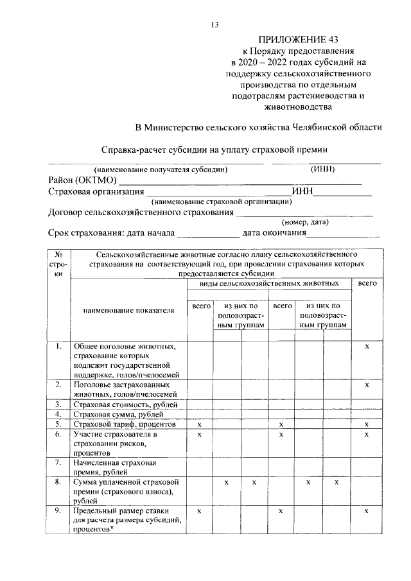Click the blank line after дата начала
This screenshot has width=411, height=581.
pos(207,234)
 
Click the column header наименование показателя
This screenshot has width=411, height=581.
pos(128,310)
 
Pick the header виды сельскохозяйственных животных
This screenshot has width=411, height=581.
pos(269,282)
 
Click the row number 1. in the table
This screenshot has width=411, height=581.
pos(58,347)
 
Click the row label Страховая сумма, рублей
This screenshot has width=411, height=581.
pos(119,414)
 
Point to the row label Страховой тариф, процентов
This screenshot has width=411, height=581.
pos(123,424)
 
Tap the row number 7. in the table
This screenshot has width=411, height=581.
pos(58,462)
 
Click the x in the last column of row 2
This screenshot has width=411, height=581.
pos(367,385)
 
